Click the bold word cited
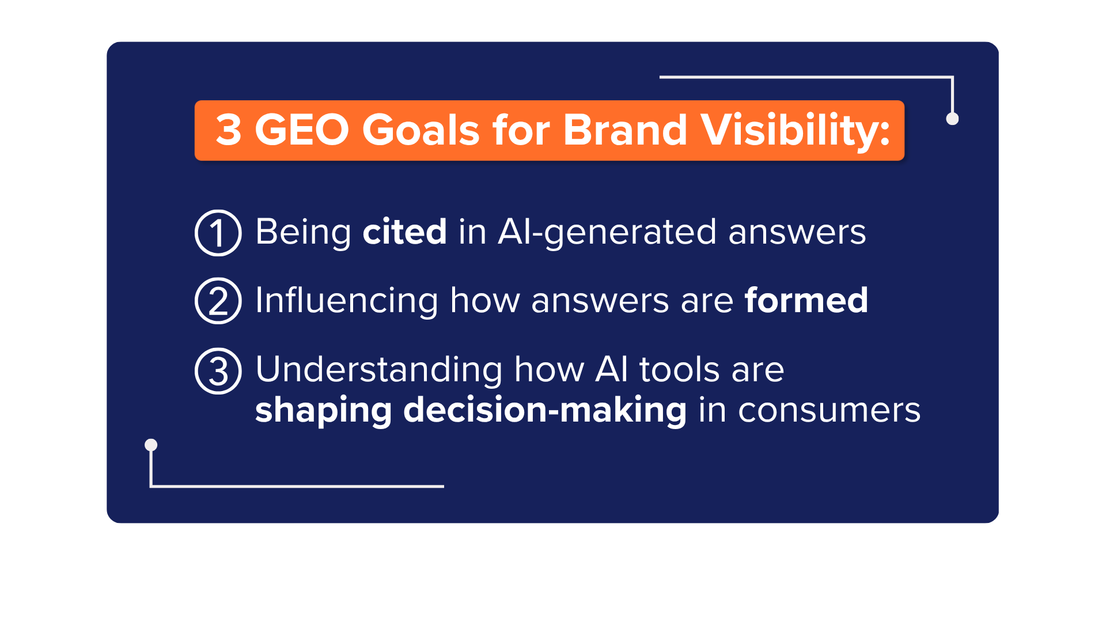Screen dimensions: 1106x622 click(x=404, y=232)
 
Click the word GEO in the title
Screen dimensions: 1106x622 click(x=302, y=130)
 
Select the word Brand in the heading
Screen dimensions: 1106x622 click(x=625, y=130)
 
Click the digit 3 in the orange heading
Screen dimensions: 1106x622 click(x=228, y=130)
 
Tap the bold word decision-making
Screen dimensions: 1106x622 click(x=545, y=411)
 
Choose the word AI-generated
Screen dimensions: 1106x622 click(x=607, y=233)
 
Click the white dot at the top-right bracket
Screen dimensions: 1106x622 click(x=953, y=119)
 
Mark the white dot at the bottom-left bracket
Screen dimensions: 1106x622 click(x=151, y=445)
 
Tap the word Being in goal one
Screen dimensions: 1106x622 click(x=303, y=233)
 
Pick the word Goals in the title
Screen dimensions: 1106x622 click(x=421, y=130)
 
